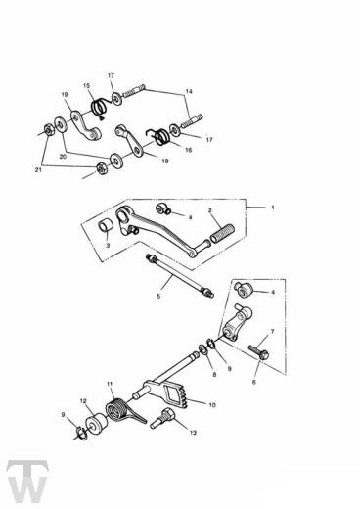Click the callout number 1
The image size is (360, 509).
[273, 208]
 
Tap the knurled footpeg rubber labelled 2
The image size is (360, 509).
[223, 233]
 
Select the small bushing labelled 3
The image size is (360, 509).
[106, 225]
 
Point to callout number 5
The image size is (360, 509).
[158, 297]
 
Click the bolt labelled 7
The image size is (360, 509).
[258, 351]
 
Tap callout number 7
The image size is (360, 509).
[272, 332]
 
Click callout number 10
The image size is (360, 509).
[212, 405]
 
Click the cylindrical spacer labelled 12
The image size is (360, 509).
[96, 424]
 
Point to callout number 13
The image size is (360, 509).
[193, 433]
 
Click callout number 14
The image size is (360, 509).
[189, 91]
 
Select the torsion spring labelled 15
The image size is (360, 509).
[99, 108]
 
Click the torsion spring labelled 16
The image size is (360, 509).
[159, 136]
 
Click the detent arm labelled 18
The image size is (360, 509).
[129, 140]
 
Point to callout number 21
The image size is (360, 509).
[38, 170]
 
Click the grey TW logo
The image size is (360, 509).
[27, 482]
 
